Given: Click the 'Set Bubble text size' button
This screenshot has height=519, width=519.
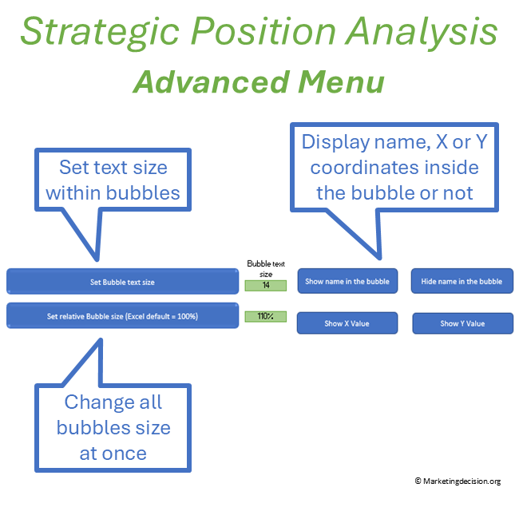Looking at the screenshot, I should click(x=122, y=282).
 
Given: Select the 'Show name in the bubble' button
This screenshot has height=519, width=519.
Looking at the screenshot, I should click(x=347, y=281).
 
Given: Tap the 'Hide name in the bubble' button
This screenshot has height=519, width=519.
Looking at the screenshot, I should click(x=462, y=281).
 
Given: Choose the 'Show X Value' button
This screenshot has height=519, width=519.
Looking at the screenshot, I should click(x=347, y=323).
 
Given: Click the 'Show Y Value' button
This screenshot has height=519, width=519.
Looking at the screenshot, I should click(x=462, y=323).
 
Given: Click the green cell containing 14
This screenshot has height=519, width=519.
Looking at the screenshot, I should click(x=265, y=285).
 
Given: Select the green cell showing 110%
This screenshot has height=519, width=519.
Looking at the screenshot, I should click(x=265, y=316).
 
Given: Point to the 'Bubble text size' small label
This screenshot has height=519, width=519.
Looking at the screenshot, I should click(x=265, y=268).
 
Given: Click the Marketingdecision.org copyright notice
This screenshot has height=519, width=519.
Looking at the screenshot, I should click(x=458, y=481).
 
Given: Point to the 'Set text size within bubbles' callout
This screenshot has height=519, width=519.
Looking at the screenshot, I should click(x=113, y=180).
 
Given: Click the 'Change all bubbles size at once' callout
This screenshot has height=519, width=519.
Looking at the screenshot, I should click(x=113, y=427).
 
